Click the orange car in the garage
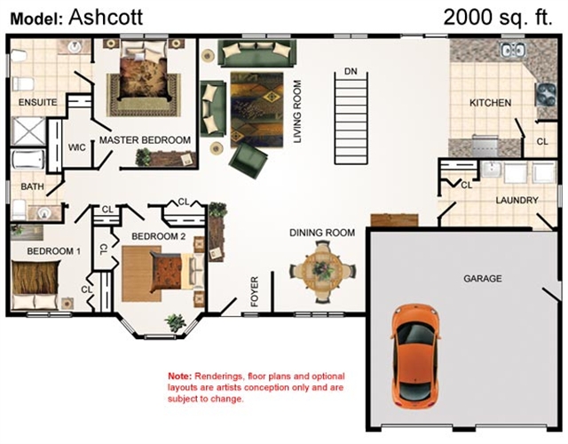click(415, 357)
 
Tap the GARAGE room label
click(483, 278)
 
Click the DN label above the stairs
click(351, 71)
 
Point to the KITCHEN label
click(490, 103)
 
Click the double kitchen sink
click(513, 50)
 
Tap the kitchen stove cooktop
click(546, 94)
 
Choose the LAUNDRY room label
click(517, 200)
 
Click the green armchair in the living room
click(248, 160)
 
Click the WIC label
click(77, 147)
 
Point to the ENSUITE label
click(37, 102)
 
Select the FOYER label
click(255, 291)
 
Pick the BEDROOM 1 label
click(53, 251)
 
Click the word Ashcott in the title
click(106, 17)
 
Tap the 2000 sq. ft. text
click(498, 17)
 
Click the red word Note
click(179, 376)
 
